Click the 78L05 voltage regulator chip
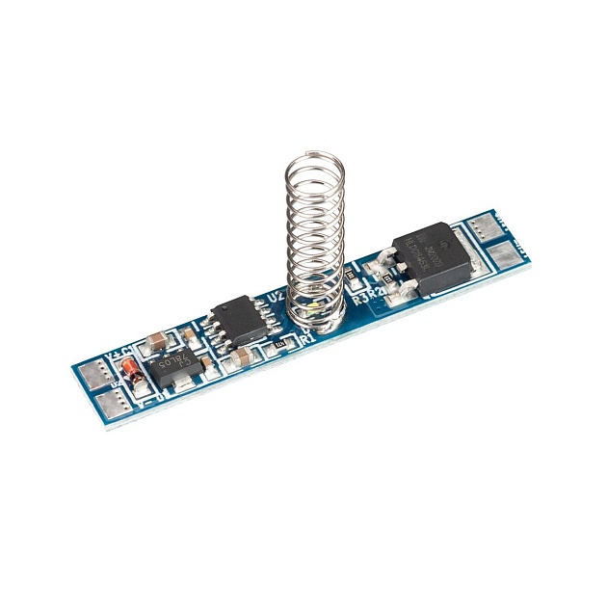tap(176, 369)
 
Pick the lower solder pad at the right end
tap(505, 255)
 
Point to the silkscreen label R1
tap(307, 339)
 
